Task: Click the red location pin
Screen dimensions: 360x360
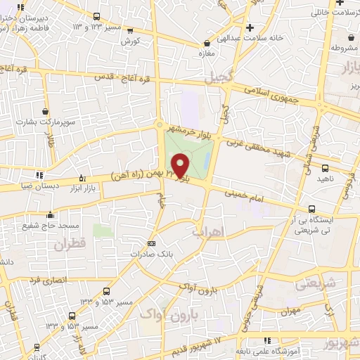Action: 181,164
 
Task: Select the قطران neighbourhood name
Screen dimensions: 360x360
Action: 67,245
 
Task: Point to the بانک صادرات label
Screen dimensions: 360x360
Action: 151,253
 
